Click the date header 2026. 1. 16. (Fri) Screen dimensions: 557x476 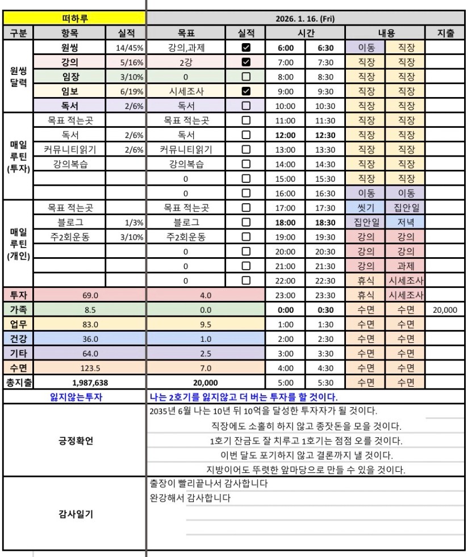[x=304, y=19]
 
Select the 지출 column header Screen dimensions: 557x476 [x=445, y=33]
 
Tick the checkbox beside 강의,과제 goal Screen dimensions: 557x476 [x=246, y=48]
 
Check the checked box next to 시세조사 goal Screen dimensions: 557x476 [x=246, y=91]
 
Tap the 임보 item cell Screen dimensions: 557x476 [x=70, y=91]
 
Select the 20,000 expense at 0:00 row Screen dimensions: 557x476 [x=445, y=310]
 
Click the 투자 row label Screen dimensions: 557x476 [x=17, y=295]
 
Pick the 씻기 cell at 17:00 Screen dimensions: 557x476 [x=366, y=207]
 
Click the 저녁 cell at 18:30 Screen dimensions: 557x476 [x=406, y=222]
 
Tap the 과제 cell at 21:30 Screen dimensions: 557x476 [x=406, y=266]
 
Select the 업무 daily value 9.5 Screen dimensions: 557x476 [x=206, y=325]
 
